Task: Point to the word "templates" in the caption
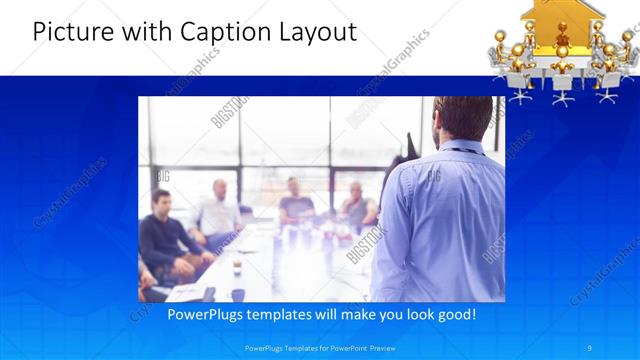pyautogui.click(x=283, y=315)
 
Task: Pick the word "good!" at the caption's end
pyautogui.click(x=455, y=315)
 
